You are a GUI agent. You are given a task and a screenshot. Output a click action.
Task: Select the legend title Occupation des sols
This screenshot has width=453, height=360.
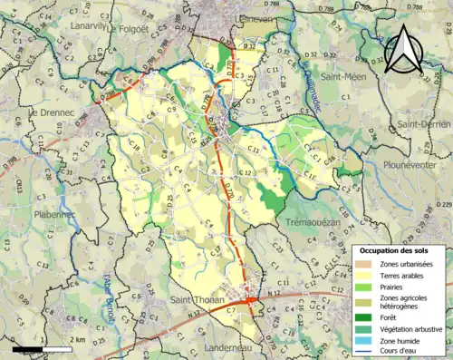(x=399, y=250)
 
